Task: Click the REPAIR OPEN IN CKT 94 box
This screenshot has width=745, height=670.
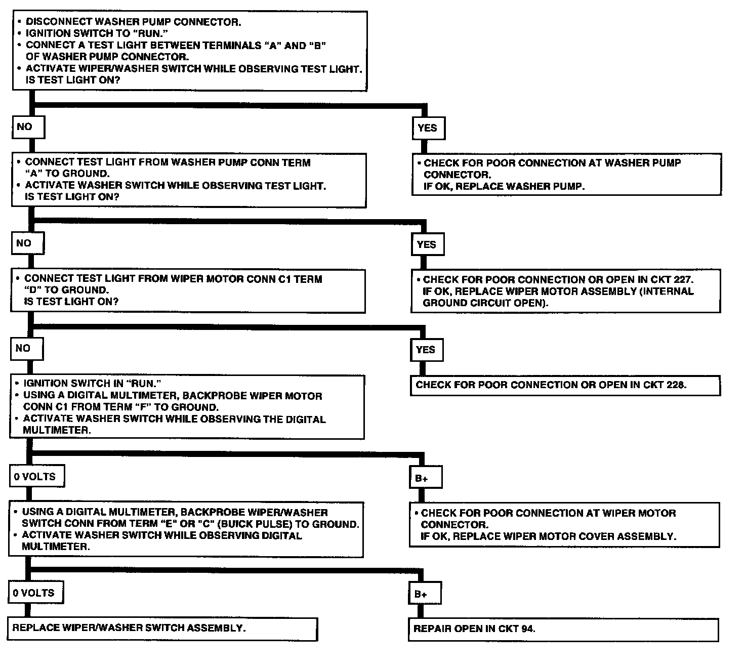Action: pos(563,629)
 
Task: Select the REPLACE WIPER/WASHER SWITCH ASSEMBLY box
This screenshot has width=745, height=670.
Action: pos(162,629)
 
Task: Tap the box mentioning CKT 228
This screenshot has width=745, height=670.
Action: pos(565,385)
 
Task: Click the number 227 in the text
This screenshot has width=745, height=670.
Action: pos(683,279)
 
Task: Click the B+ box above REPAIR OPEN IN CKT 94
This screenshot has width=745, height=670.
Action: pos(425,594)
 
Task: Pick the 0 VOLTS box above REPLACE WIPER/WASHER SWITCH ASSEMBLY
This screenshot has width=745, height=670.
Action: pos(35,593)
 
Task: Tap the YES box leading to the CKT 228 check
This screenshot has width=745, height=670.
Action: pos(426,350)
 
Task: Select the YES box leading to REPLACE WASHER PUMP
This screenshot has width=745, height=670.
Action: pos(428,128)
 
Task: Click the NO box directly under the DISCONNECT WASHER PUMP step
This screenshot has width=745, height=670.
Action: pos(27,127)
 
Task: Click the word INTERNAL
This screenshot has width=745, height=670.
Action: pos(669,291)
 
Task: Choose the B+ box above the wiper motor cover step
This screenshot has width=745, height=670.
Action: pos(425,478)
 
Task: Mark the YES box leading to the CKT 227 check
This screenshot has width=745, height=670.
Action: pos(427,244)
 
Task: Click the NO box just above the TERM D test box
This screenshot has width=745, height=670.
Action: pos(26,243)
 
